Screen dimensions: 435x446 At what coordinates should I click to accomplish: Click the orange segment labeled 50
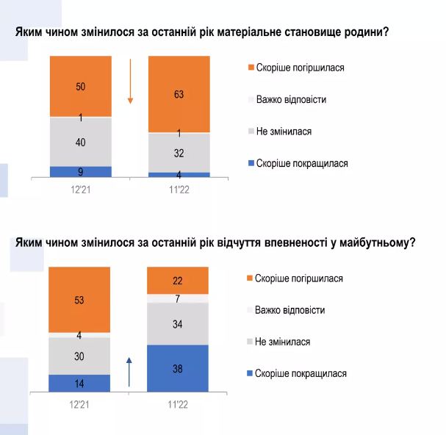point(80,85)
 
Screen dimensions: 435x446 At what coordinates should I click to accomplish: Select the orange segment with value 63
point(179,93)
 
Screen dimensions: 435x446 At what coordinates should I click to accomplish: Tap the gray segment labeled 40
point(80,142)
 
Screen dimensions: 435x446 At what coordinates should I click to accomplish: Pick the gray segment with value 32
point(179,153)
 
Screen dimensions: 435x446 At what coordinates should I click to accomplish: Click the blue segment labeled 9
point(80,172)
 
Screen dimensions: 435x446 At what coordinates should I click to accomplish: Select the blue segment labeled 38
point(178,368)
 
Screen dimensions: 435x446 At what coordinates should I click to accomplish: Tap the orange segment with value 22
point(178,280)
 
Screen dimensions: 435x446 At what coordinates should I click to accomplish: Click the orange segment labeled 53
point(79,299)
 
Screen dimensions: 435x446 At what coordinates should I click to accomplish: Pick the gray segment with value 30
point(79,356)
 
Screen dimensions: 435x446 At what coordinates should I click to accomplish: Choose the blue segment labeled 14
point(79,383)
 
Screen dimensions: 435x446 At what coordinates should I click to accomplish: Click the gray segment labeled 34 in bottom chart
point(178,323)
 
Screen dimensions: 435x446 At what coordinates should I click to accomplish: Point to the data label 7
point(178,298)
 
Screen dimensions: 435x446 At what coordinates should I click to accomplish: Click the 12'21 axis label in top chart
point(80,188)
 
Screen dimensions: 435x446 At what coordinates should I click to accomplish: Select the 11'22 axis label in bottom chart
point(178,404)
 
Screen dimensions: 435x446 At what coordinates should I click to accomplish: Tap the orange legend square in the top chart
point(251,68)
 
